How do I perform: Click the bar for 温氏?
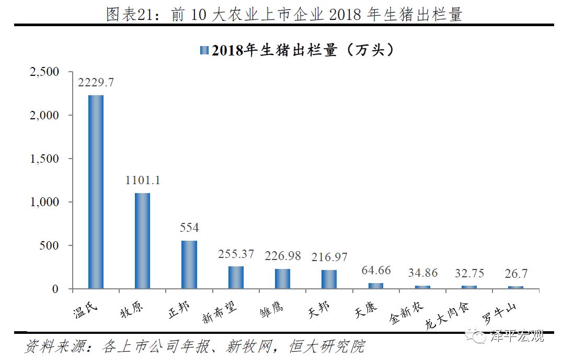(96, 192)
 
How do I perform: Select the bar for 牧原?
(142, 241)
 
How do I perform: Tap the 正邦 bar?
(189, 264)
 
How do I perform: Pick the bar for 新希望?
(236, 277)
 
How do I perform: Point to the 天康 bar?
(375, 286)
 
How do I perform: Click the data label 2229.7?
(96, 83)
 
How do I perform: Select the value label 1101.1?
(142, 181)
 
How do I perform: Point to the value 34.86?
(423, 273)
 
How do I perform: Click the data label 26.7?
(515, 274)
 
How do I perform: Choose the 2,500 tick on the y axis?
(45, 72)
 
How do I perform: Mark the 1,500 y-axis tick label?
(45, 159)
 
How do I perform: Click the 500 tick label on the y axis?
(51, 245)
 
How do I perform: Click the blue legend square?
(204, 50)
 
